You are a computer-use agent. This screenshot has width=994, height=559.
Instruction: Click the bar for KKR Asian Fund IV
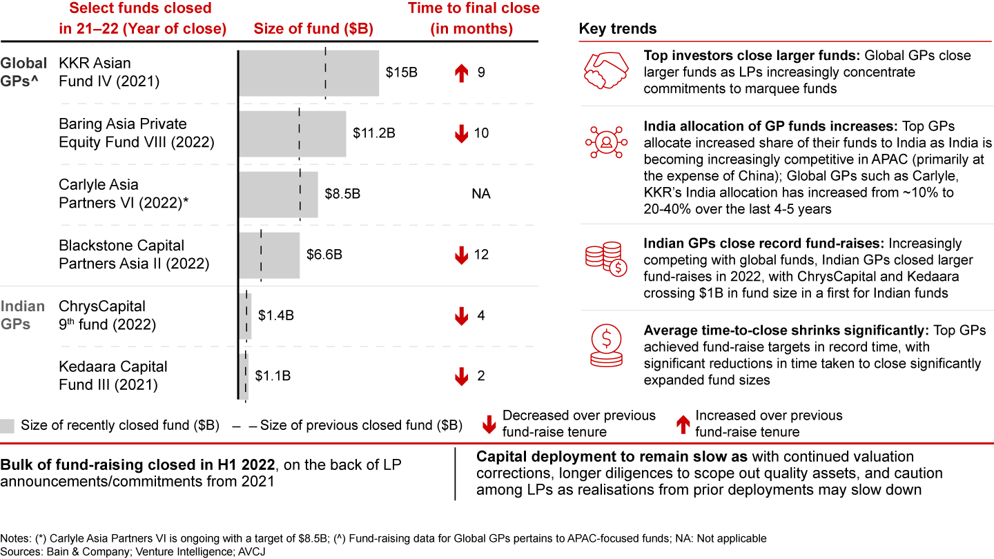pyautogui.click(x=309, y=72)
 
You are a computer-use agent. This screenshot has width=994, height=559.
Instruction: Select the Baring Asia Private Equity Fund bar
pyautogui.click(x=292, y=133)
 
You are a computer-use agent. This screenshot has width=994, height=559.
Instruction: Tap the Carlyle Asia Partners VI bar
pyautogui.click(x=278, y=194)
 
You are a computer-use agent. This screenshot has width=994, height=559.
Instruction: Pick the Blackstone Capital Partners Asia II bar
pyautogui.click(x=269, y=255)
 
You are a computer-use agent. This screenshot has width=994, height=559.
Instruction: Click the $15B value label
pyautogui.click(x=402, y=72)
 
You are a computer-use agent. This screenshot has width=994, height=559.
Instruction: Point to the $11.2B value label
pyautogui.click(x=374, y=133)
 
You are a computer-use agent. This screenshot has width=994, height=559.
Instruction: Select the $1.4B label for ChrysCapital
pyautogui.click(x=276, y=315)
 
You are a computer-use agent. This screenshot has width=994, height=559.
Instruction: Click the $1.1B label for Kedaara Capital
pyautogui.click(x=273, y=376)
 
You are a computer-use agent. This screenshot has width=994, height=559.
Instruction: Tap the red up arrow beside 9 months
pyautogui.click(x=460, y=72)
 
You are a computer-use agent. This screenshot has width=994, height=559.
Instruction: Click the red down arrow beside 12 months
pyautogui.click(x=460, y=255)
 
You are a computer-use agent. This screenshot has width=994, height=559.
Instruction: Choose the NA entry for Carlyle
pyautogui.click(x=481, y=194)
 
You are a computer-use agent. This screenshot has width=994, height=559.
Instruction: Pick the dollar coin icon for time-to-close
pyautogui.click(x=605, y=343)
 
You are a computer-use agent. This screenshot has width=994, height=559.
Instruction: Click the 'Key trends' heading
pyautogui.click(x=618, y=29)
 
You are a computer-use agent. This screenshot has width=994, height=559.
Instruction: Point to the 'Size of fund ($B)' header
pyautogui.click(x=313, y=29)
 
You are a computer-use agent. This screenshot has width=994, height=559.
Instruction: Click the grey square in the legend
pyautogui.click(x=8, y=426)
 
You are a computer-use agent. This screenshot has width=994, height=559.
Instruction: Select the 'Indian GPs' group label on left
pyautogui.click(x=23, y=315)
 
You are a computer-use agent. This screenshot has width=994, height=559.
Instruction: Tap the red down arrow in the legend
pyautogui.click(x=489, y=424)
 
